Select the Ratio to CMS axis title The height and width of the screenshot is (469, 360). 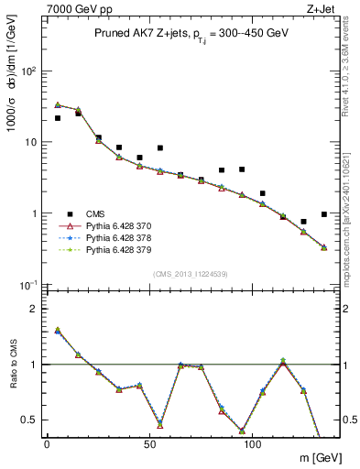13,365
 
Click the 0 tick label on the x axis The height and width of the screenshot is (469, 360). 47,445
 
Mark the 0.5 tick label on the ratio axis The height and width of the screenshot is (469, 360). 29,420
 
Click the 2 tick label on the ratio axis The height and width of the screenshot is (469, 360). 33,309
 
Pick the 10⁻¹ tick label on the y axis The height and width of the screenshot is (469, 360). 27,285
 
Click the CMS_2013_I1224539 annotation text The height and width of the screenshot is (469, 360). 191,273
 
